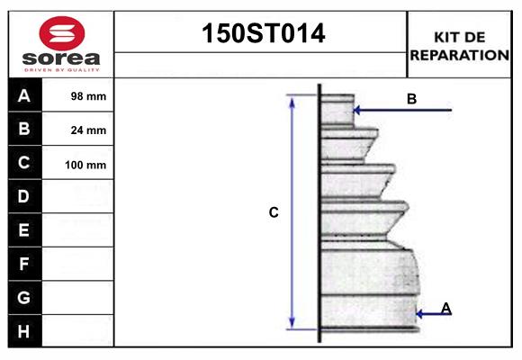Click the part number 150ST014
point(261,33)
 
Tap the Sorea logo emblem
point(60,33)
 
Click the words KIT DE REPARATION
point(459,45)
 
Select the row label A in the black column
point(24,95)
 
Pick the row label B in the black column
point(24,129)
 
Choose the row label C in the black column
point(24,163)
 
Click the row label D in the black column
point(24,196)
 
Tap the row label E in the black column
point(24,230)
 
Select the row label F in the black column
point(24,264)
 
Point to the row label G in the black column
point(24,297)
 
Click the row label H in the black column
point(24,331)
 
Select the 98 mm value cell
point(88,96)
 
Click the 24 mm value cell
point(88,130)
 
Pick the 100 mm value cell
point(86,165)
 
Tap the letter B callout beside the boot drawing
point(411,99)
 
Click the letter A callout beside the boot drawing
point(446,309)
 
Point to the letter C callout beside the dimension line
point(274,212)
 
